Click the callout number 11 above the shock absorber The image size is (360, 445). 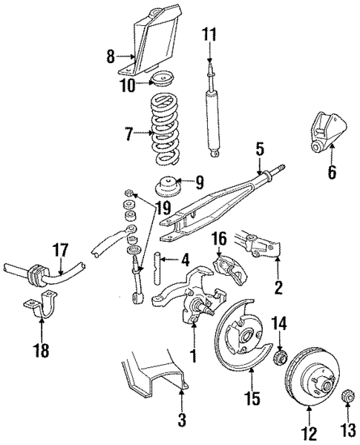pyautogui.click(x=209, y=33)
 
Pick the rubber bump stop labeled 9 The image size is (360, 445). pyautogui.click(x=164, y=187)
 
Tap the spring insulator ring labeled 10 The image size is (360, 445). pyautogui.click(x=162, y=79)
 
